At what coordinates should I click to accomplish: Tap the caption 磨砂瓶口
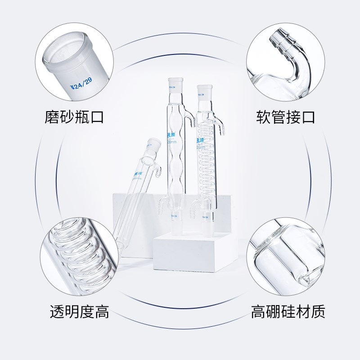coord(74,117)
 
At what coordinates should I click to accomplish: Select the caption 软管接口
coord(285,117)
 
